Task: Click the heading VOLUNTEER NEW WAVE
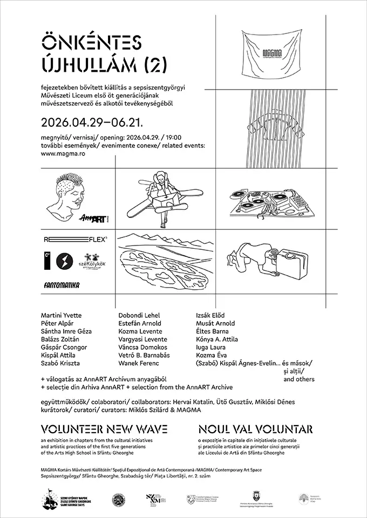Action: coord(104,430)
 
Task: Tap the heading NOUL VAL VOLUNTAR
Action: coord(255,430)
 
